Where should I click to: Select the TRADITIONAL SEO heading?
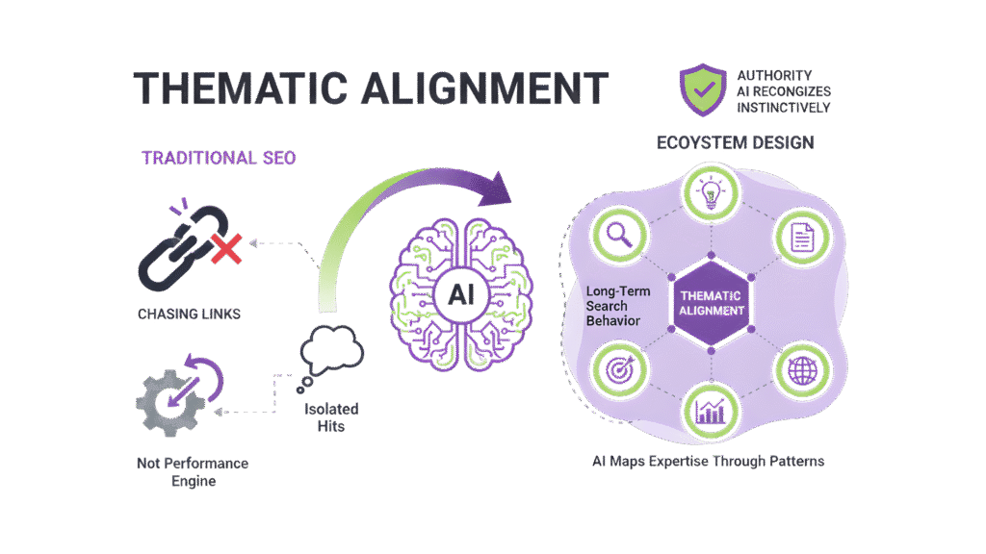click(x=218, y=159)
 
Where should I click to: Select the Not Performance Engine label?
click(x=192, y=471)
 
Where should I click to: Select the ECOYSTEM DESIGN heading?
click(x=735, y=143)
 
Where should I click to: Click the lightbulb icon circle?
click(x=711, y=189)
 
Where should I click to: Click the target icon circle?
click(x=617, y=368)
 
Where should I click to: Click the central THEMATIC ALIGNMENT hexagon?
click(x=711, y=301)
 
